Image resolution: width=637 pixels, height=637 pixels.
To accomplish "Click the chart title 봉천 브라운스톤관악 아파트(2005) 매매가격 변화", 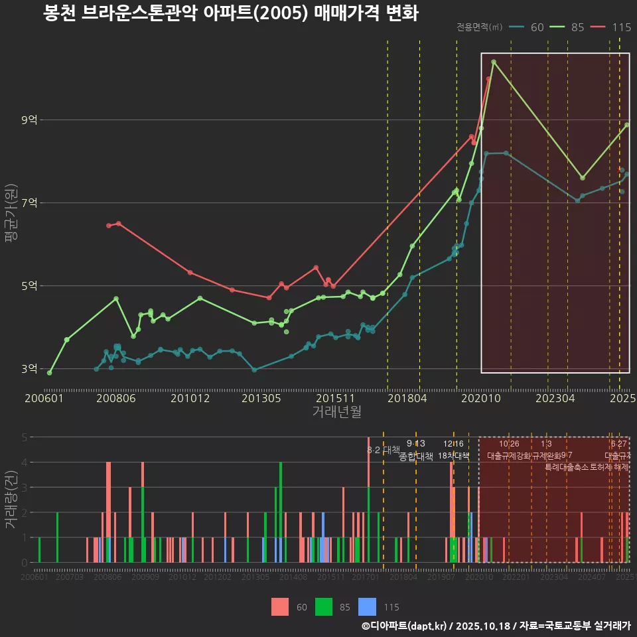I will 230,13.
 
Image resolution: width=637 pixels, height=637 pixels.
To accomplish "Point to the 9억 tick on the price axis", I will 29,120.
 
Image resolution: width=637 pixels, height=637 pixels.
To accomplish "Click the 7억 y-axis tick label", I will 29,203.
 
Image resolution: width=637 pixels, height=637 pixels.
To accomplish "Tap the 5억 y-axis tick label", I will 29,286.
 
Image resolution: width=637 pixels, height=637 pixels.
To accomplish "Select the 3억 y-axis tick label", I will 29,369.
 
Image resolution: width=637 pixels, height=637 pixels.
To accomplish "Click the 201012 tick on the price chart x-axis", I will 190,399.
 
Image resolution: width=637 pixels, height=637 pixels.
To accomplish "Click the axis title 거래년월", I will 336,412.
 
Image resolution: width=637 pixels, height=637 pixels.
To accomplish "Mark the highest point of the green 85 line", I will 494,62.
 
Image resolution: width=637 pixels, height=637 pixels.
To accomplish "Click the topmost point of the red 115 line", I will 488,79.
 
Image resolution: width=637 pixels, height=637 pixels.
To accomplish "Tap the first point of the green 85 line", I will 50,373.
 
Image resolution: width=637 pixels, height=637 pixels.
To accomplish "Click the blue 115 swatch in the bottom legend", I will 367,606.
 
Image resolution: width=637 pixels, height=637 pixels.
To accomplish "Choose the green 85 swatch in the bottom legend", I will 324,606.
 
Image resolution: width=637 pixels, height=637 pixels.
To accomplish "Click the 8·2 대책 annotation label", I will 379,450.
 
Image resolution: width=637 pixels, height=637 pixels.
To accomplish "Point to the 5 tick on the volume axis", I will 23,437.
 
